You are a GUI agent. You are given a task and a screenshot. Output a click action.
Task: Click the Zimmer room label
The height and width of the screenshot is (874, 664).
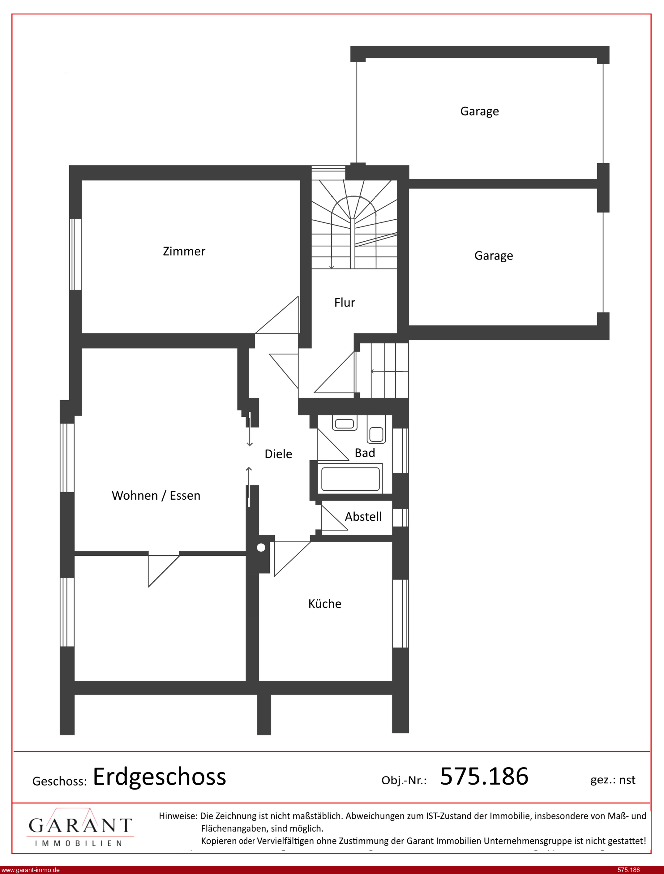pos(184,252)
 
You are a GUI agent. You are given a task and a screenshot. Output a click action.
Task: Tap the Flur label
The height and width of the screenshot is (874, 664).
pos(345,303)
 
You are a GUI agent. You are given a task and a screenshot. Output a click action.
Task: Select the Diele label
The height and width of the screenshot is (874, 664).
pos(278,454)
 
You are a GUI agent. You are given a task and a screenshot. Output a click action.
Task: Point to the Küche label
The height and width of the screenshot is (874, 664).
pos(325,604)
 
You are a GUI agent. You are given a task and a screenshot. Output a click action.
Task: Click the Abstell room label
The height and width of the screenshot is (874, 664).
pos(363,517)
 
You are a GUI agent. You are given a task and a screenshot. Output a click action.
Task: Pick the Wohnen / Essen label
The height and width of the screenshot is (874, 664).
pos(156,496)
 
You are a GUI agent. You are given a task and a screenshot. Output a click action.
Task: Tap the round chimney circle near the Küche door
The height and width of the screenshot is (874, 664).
pos(261,548)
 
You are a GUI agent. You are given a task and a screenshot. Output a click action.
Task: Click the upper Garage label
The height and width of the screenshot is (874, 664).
pos(479,111)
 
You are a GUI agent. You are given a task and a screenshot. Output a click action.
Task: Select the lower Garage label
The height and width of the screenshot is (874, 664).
pos(494,256)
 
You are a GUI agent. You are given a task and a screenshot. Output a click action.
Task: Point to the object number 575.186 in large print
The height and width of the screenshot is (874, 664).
pos(484,776)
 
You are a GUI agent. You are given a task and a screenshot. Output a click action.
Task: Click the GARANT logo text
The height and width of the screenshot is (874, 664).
pos(80,825)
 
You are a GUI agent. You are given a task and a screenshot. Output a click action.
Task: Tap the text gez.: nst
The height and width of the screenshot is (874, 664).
pos(613,780)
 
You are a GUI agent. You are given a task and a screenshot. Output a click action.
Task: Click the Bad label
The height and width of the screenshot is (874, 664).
pos(365,453)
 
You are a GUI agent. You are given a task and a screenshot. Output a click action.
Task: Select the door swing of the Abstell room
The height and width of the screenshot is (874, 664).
pos(334,518)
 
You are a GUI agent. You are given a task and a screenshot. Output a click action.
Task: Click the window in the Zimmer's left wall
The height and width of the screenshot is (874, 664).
pos(75,254)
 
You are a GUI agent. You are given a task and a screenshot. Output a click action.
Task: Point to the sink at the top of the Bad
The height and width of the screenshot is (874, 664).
pos(345,423)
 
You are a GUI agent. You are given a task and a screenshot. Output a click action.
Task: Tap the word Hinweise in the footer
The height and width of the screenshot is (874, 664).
pos(178,816)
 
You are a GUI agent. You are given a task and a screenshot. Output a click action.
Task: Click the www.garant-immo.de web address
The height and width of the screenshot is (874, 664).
pos(30,870)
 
